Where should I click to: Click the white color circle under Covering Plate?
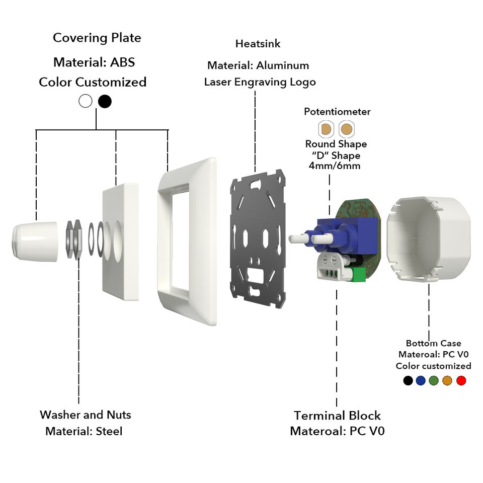[86, 101]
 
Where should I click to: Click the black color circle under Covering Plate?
[105, 101]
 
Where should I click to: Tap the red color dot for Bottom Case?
[461, 380]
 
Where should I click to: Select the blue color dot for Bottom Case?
[421, 380]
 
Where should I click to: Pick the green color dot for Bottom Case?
[434, 380]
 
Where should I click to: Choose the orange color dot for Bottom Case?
[447, 380]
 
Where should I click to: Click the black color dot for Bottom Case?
[408, 380]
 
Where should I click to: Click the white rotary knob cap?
[35, 242]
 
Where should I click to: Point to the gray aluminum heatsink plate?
[258, 238]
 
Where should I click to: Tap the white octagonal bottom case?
[429, 238]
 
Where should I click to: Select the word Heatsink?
[258, 44]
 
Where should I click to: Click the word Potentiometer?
[337, 112]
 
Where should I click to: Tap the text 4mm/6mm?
[335, 166]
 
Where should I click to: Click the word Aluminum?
[282, 65]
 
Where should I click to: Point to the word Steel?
[109, 431]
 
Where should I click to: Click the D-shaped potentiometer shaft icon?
[326, 129]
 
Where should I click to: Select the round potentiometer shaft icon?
[347, 129]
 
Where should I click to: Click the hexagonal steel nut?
[74, 239]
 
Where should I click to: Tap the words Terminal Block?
[337, 416]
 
